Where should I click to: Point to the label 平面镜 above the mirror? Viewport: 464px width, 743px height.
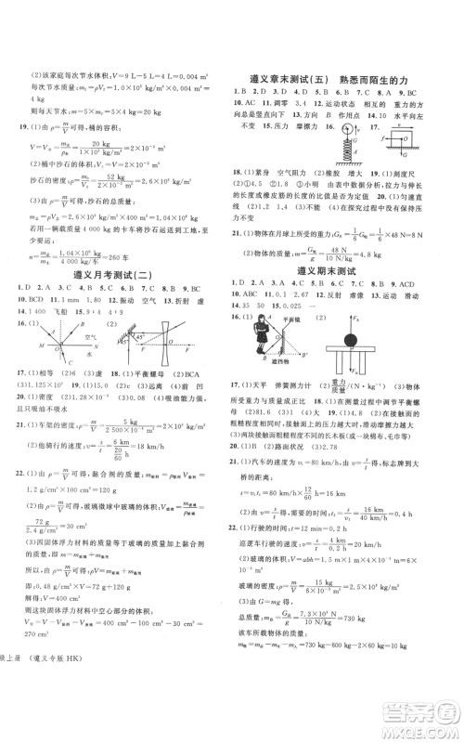pyautogui.click(x=299, y=318)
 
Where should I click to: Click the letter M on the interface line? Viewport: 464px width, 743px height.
pyautogui.click(x=34, y=346)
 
